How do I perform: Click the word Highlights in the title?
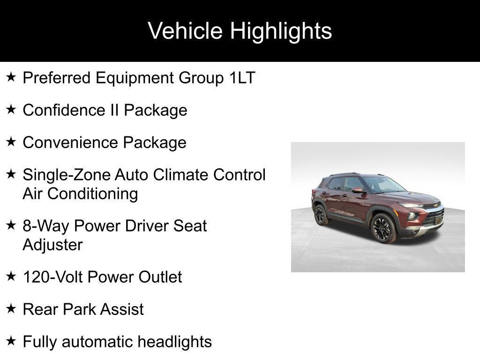pos(281,31)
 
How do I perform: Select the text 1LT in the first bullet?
pos(242,78)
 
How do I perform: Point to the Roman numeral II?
pos(115,110)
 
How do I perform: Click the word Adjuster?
pos(52,245)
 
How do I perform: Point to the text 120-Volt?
pos(52,277)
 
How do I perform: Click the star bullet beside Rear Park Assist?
pos(11,308)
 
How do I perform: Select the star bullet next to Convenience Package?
pos(11,142)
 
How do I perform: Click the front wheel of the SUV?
pos(382,228)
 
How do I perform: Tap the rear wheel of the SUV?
pos(320,215)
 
